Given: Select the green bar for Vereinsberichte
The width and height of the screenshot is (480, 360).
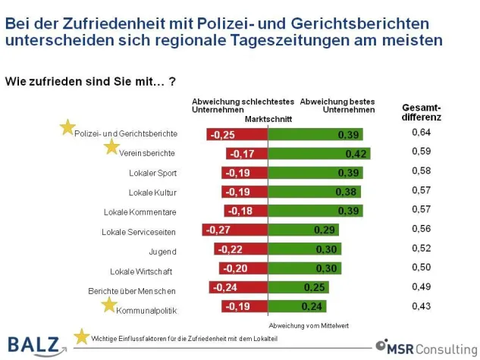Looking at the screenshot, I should pyautogui.click(x=319, y=153).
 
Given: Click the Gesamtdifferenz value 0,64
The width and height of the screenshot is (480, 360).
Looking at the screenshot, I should pyautogui.click(x=421, y=133).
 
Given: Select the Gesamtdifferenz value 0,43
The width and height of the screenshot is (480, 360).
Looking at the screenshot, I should pyautogui.click(x=421, y=305).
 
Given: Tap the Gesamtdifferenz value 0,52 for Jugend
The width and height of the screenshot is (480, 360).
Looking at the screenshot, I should pyautogui.click(x=421, y=248).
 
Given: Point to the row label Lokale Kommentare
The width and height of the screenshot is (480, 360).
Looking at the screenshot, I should pyautogui.click(x=140, y=211).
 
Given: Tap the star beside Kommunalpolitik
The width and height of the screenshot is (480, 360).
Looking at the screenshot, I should pyautogui.click(x=109, y=305).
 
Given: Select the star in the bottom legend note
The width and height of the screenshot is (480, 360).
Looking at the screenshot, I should pyautogui.click(x=81, y=336).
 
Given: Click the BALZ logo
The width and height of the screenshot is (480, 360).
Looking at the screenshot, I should pyautogui.click(x=34, y=345).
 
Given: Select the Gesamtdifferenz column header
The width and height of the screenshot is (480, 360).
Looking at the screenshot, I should pyautogui.click(x=421, y=112).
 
